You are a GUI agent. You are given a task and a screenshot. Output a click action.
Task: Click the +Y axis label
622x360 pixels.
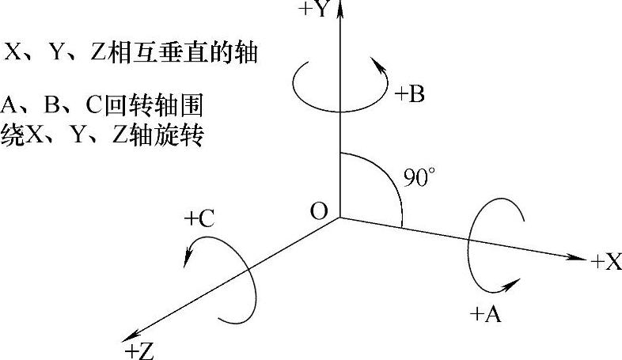[x=316, y=9]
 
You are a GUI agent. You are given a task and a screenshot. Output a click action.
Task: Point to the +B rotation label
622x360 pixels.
[x=409, y=95]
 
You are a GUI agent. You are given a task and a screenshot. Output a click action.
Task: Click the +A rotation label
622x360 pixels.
[x=485, y=314]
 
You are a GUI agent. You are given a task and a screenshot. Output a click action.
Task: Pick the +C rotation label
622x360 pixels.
[x=199, y=219]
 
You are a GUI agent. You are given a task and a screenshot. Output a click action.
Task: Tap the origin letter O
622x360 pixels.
[x=319, y=211]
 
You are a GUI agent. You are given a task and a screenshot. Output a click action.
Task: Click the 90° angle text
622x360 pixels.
[x=419, y=177]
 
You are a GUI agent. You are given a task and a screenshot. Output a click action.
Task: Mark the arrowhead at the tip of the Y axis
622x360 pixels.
[x=339, y=9]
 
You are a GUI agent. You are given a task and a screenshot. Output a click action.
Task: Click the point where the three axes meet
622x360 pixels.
[x=339, y=218]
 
